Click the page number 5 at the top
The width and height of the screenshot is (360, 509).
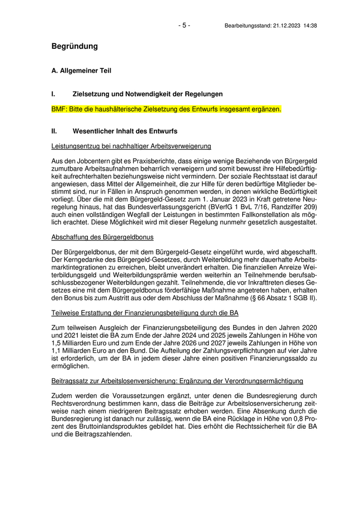184,25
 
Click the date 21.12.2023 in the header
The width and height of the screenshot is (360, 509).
286,26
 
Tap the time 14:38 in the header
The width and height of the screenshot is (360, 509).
310,26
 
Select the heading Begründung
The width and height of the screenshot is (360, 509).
75,46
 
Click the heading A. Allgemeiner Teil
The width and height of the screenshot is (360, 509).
81,70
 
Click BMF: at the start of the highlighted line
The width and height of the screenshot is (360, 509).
59,110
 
